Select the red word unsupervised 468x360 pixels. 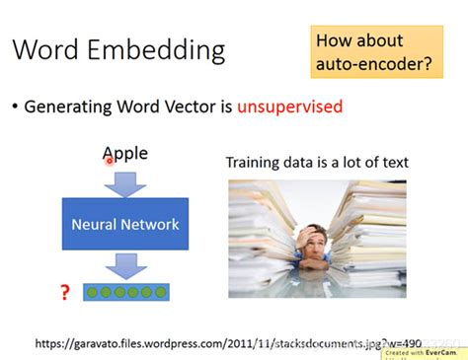tap(289, 106)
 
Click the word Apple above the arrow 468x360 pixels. tap(125, 153)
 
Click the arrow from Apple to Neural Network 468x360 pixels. tap(125, 181)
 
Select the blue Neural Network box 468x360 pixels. tap(125, 224)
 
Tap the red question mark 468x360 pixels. tap(64, 292)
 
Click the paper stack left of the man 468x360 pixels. tap(262, 237)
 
